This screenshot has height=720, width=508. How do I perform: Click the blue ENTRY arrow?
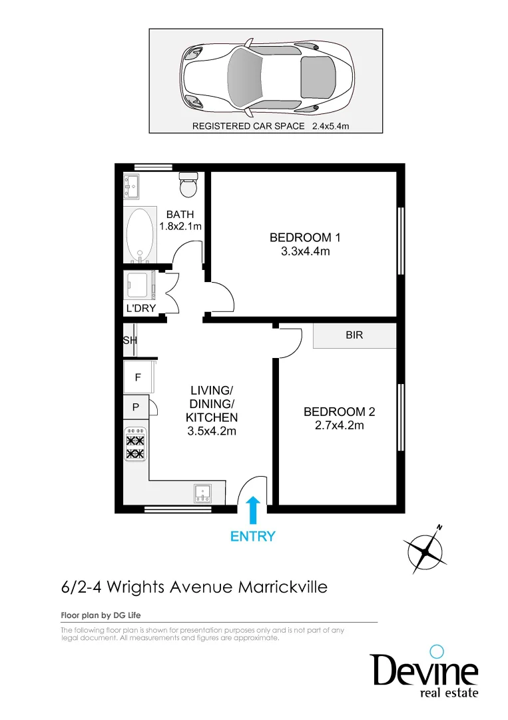click(x=253, y=511)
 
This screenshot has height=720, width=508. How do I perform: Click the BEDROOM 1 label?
click(x=305, y=237)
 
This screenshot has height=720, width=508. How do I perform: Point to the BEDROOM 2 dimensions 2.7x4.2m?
click(x=339, y=425)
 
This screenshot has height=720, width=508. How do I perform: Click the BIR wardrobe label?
click(x=354, y=335)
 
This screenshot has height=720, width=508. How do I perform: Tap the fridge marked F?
click(x=138, y=377)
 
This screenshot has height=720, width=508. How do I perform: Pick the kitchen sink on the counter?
click(x=202, y=493)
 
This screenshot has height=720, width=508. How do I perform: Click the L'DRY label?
click(x=140, y=309)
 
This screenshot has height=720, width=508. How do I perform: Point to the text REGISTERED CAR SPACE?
click(x=248, y=126)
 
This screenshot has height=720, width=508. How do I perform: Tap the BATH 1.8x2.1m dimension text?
click(x=180, y=226)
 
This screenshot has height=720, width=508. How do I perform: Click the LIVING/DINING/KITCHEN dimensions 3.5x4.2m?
click(x=212, y=431)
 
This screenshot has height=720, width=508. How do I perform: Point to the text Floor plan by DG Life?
click(x=101, y=615)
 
